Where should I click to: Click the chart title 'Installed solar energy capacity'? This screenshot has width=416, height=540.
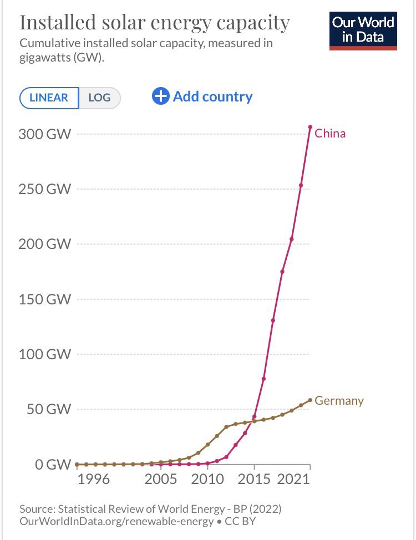[155, 23]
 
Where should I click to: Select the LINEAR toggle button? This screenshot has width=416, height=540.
[49, 98]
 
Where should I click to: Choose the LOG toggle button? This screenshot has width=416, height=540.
[99, 98]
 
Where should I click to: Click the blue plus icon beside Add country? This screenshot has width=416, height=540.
[160, 96]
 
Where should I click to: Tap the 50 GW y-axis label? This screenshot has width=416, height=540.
[49, 410]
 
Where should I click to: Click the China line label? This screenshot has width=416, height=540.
[330, 134]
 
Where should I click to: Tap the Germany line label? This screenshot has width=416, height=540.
[339, 401]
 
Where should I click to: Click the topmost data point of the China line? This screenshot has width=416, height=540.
[310, 127]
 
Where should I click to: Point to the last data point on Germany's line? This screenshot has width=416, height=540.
[310, 400]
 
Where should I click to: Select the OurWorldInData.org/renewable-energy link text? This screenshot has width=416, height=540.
[116, 522]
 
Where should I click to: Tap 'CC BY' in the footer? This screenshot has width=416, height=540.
[241, 522]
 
